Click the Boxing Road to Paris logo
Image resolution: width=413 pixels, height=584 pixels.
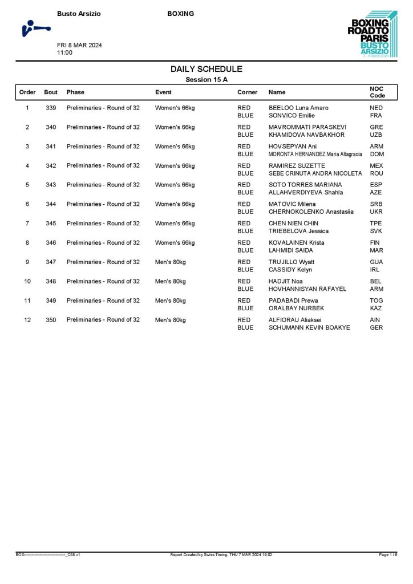click(372, 34)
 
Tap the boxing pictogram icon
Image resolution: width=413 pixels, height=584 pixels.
click(34, 28)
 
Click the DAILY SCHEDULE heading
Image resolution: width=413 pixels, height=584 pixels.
click(206, 69)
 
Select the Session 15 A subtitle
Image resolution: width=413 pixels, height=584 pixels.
click(206, 80)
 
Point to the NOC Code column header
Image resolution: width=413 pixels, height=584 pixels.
click(378, 92)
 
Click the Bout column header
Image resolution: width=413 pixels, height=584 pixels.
click(51, 92)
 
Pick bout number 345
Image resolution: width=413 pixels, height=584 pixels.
click(51, 224)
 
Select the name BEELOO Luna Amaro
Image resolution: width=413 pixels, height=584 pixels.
click(298, 108)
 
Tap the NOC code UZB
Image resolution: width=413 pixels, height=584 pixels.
click(376, 135)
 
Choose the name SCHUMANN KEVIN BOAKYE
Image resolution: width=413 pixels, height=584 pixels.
click(310, 328)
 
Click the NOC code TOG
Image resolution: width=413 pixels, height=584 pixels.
click(376, 301)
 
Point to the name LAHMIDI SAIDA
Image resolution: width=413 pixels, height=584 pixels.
click(291, 250)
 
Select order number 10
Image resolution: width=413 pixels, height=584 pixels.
click(27, 281)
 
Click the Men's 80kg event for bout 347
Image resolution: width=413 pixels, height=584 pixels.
click(171, 262)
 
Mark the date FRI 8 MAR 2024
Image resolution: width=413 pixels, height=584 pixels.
click(79, 46)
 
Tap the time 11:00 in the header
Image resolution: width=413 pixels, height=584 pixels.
click(64, 53)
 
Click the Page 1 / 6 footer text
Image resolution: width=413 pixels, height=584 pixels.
click(388, 554)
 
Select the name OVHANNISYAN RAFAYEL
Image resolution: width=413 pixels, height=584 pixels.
click(307, 289)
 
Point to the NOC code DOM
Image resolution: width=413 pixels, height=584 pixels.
click(376, 155)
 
